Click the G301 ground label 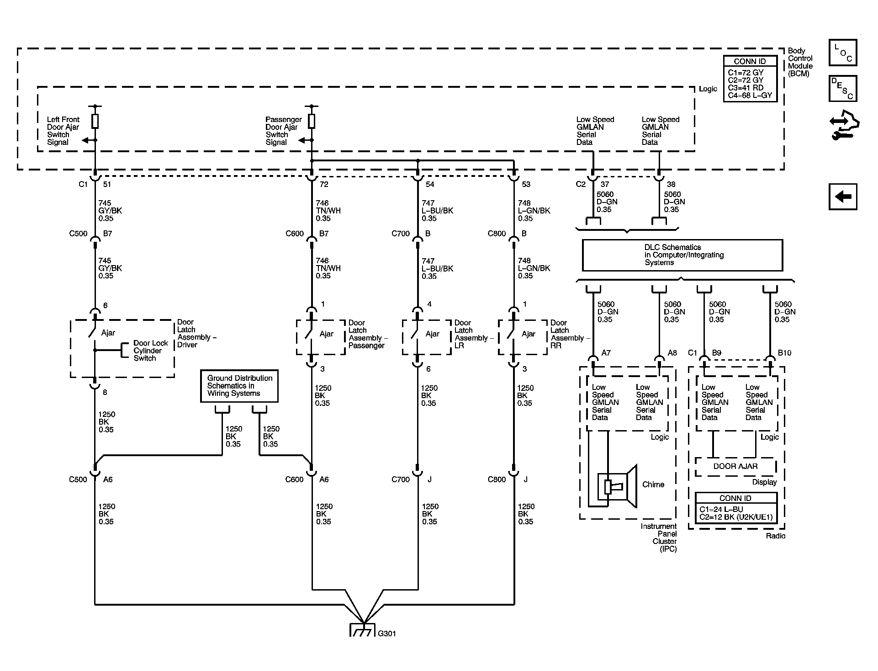(x=386, y=634)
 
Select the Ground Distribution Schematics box (x=239, y=386)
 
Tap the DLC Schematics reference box (x=682, y=255)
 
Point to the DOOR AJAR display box (x=735, y=467)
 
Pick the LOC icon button (x=843, y=53)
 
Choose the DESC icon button (x=843, y=88)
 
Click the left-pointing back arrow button (x=843, y=197)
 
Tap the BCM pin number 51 (x=107, y=185)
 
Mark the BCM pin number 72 (x=324, y=185)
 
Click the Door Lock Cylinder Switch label (x=151, y=351)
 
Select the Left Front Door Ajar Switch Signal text (x=63, y=131)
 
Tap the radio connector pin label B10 (x=784, y=353)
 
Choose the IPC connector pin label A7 (x=606, y=353)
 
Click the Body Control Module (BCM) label (x=800, y=62)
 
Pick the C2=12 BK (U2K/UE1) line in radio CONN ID (x=736, y=517)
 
